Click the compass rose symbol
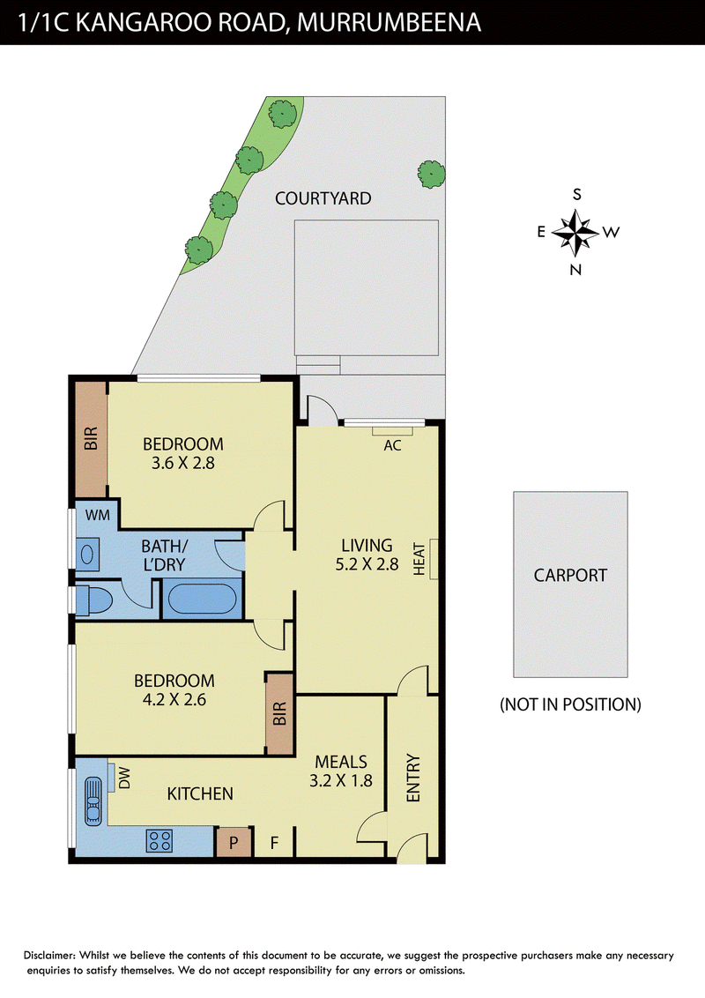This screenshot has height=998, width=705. (575, 232)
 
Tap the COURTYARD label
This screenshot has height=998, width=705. (323, 198)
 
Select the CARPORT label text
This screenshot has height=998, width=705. (570, 576)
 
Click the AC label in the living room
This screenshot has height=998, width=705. (392, 445)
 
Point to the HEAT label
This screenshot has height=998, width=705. (419, 559)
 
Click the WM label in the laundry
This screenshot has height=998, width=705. (97, 515)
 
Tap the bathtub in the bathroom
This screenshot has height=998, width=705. (203, 599)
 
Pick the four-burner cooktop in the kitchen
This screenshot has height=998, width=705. (160, 840)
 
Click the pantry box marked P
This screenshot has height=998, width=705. (234, 843)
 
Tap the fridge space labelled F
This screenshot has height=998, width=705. (274, 844)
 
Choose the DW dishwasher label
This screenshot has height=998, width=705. (125, 778)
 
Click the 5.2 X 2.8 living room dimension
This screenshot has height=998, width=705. (367, 564)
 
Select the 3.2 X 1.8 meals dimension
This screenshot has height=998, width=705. (341, 781)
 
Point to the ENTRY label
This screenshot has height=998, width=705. (413, 778)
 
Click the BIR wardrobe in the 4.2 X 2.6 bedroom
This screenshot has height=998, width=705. (280, 714)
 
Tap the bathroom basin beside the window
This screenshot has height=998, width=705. (88, 554)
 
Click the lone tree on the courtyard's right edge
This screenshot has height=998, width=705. (432, 174)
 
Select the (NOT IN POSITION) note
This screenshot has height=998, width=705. (570, 704)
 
